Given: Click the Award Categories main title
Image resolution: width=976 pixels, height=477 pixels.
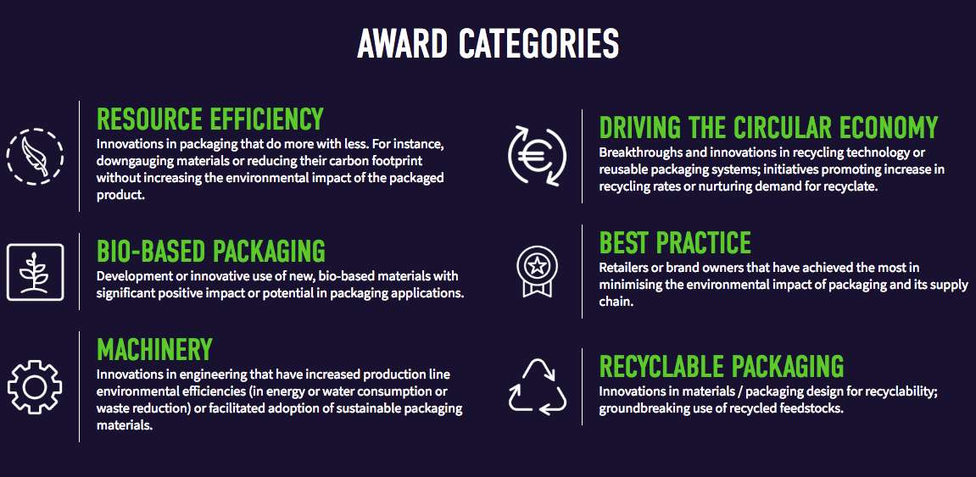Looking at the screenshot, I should coord(488,43).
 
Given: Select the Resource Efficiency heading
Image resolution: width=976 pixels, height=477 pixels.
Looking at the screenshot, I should coord(210,119).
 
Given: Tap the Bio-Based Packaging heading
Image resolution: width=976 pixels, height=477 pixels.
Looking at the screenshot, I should coord(211,251).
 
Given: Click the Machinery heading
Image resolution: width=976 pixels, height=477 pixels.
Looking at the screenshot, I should coord(154,349).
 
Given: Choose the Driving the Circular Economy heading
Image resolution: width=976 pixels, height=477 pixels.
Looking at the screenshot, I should coord(768,127).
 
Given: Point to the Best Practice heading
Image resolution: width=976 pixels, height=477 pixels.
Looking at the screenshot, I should coord(675,243).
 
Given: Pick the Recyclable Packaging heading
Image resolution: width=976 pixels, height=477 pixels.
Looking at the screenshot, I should coord(722,366).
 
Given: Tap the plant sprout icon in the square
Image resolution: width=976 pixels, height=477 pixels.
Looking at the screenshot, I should coord(35,272).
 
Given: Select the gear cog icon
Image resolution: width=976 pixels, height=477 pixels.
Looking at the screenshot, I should coord(35,386).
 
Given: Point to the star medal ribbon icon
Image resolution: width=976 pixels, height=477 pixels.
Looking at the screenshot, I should coord(537,270).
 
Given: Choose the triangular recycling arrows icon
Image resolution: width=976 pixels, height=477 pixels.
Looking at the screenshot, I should coord(537,386).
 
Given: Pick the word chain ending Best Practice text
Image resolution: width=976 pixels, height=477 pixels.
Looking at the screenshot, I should coord(615,302).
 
